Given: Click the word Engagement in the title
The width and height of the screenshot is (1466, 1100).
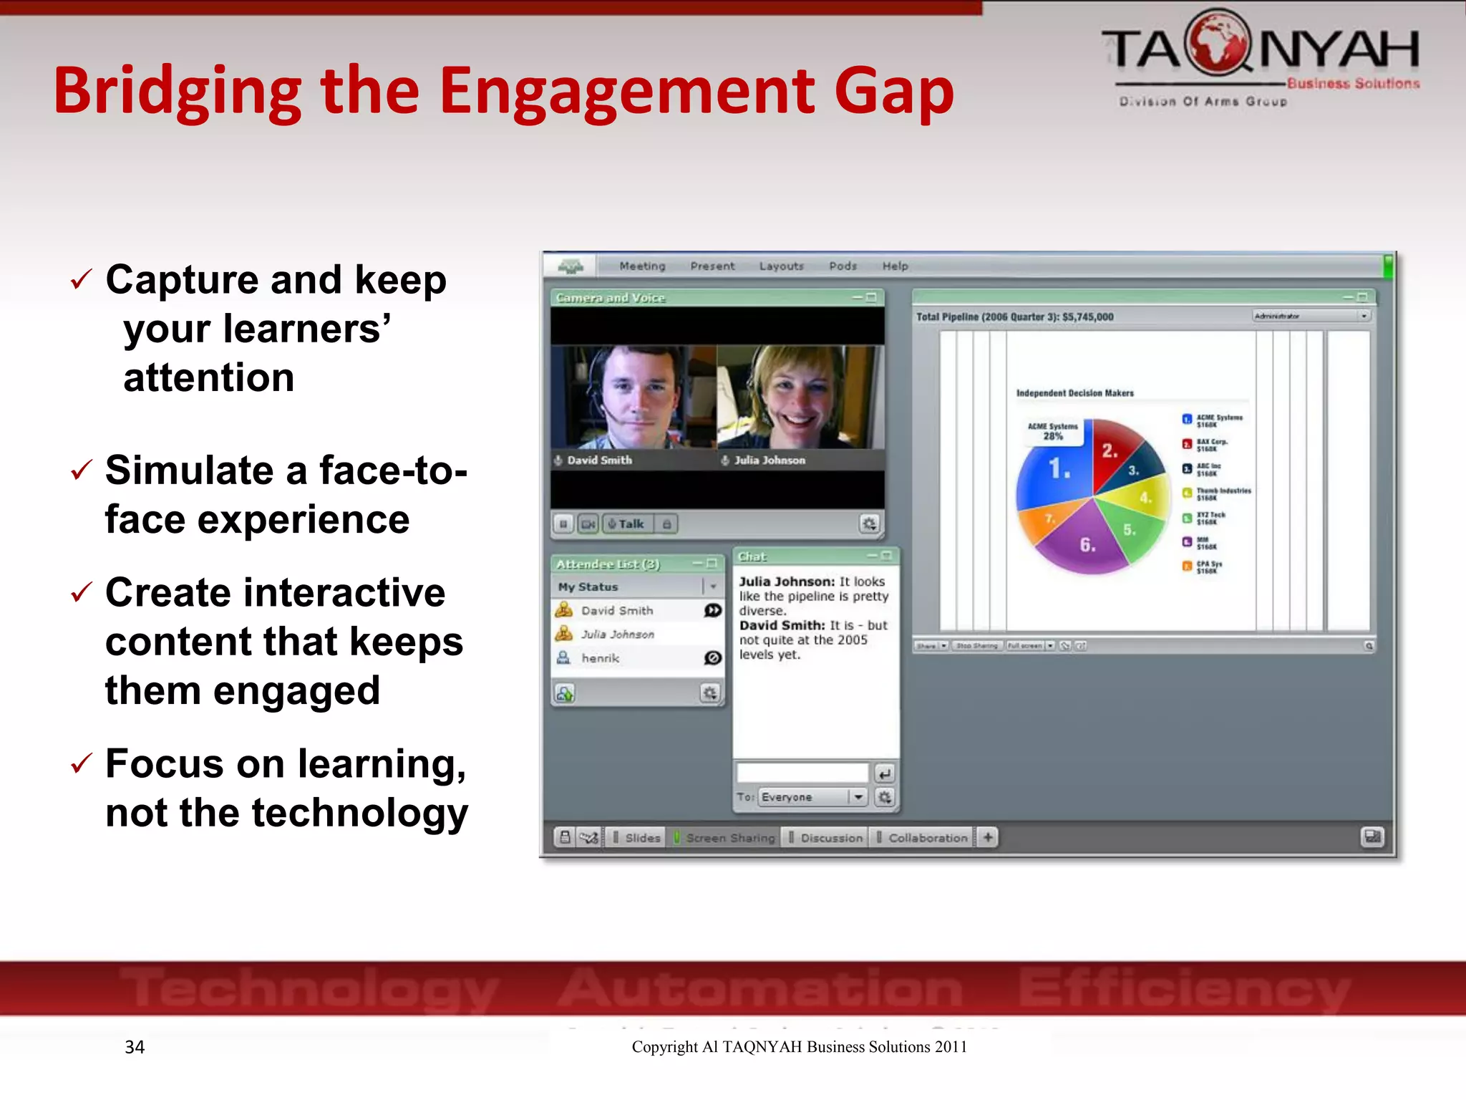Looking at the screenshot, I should (x=626, y=92).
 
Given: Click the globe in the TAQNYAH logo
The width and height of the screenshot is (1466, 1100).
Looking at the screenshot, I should (x=1216, y=42).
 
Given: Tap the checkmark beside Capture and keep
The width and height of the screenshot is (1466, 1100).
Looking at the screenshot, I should (x=81, y=279).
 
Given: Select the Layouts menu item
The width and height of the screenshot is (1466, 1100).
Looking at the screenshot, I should (x=781, y=266).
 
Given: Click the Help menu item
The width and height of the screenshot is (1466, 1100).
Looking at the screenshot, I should (x=895, y=266).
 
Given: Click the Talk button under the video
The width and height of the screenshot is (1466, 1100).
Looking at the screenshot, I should (x=627, y=524).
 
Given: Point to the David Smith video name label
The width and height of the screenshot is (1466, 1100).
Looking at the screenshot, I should (x=599, y=460).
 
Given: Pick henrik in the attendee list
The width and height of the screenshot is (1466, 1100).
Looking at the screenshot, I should (x=600, y=658).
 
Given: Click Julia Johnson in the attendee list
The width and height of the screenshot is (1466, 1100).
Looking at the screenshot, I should (x=617, y=635).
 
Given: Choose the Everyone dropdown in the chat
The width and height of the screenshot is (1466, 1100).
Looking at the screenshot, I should (x=813, y=797).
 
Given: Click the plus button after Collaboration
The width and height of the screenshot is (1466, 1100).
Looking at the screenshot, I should (x=988, y=837).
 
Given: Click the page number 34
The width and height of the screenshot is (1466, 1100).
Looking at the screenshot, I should (x=135, y=1047).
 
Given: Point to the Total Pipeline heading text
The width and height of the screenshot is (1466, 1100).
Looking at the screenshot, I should (x=1014, y=317).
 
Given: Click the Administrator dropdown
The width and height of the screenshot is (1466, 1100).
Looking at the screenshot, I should (x=1311, y=316).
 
